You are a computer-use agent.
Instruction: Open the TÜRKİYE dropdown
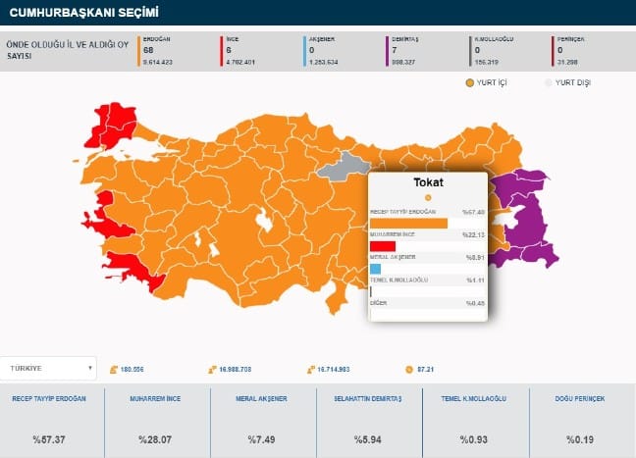pos(51,369)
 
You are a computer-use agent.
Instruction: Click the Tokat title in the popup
pos(428,183)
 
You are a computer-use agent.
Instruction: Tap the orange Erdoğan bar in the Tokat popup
pos(408,224)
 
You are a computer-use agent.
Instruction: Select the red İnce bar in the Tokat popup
pos(383,246)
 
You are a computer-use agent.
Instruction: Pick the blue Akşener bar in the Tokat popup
pos(375,269)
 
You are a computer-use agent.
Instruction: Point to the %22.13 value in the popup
pos(473,234)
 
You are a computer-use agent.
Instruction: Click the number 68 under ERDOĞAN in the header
pos(148,50)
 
